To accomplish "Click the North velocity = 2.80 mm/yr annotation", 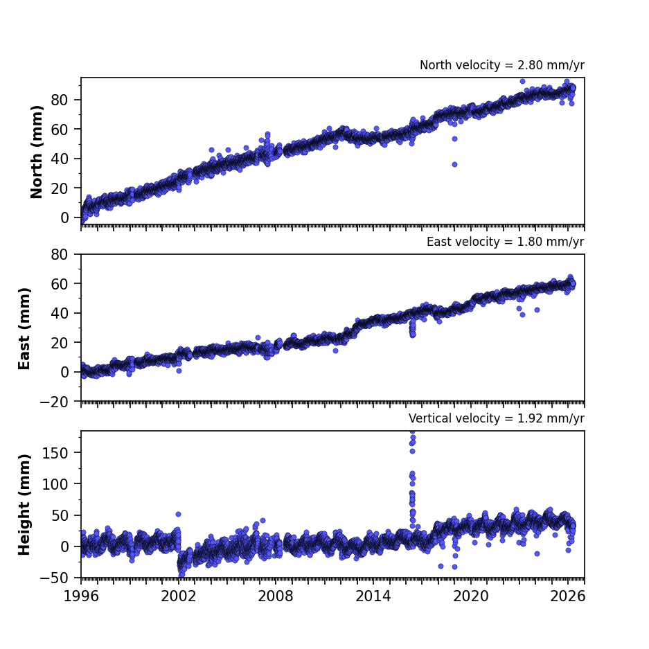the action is (x=502, y=65).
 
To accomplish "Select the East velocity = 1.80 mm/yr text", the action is (x=506, y=242).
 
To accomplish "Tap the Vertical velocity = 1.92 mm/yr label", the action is (x=497, y=418).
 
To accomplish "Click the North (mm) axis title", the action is (x=37, y=152).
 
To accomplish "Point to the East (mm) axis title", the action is (x=24, y=328).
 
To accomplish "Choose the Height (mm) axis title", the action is (x=24, y=504).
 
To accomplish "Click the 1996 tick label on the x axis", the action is (x=81, y=596).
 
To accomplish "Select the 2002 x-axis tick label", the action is (x=179, y=596).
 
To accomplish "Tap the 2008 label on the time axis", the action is (x=276, y=596).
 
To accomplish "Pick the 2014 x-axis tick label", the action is (x=373, y=596).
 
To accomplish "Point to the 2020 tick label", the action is (x=470, y=596).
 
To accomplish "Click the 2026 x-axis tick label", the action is (x=568, y=596).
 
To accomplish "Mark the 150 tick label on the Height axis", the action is (x=55, y=453).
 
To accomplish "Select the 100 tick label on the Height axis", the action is (x=55, y=484).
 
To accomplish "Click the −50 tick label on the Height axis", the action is (x=54, y=578).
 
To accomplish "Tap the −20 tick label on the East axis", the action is (x=54, y=402).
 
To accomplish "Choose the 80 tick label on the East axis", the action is (x=60, y=254).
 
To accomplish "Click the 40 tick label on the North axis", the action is (x=60, y=159).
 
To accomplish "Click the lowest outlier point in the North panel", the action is (x=454, y=164).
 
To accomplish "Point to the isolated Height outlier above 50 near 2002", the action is (x=179, y=514).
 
